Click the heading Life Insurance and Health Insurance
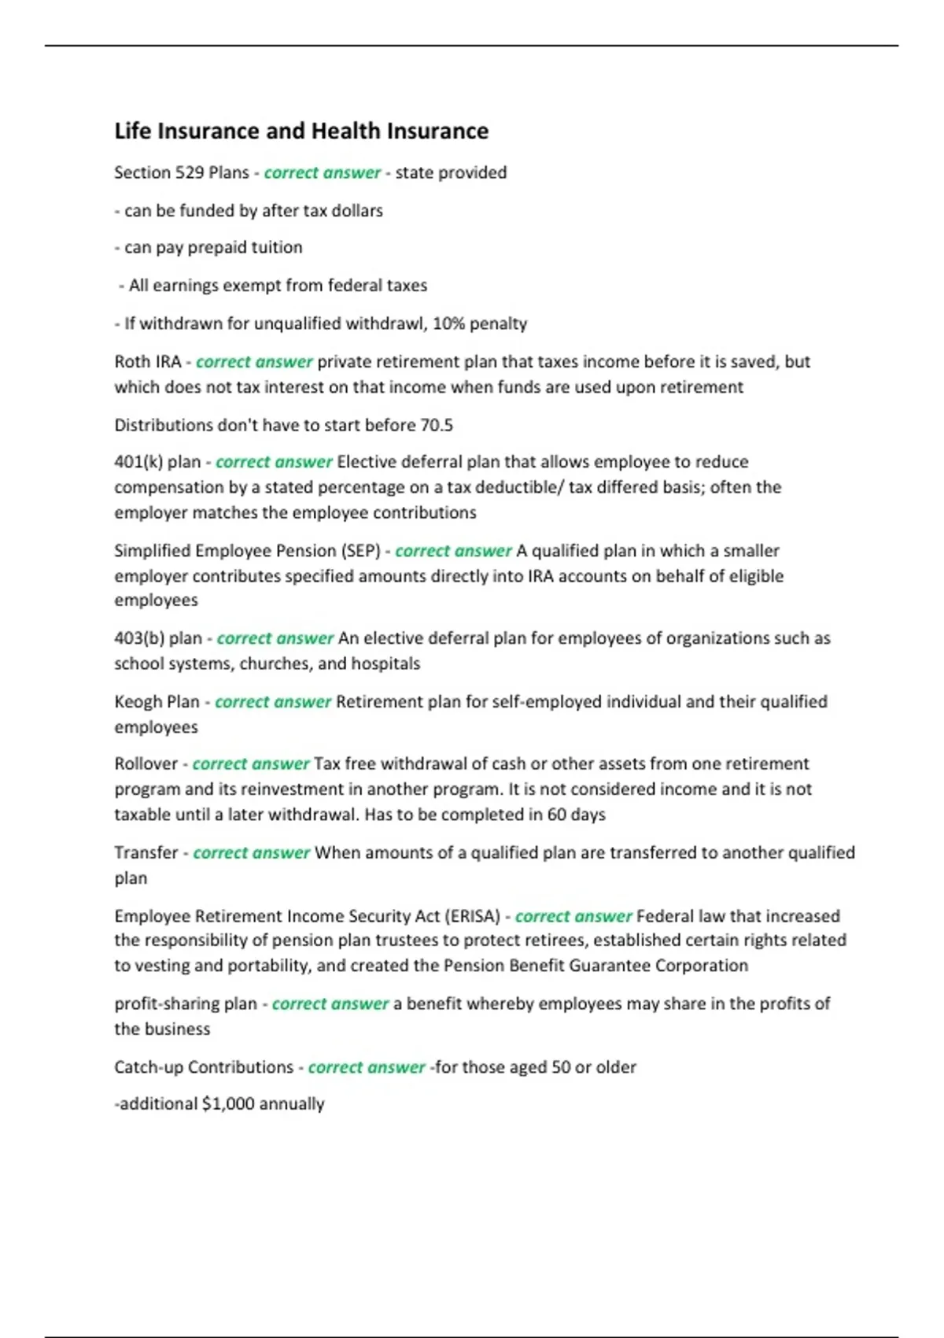[301, 131]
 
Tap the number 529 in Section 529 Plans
[190, 172]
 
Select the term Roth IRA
[148, 361]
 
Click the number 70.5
[437, 425]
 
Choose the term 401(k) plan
[157, 462]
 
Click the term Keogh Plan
[157, 701]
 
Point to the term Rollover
[146, 763]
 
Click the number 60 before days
[557, 815]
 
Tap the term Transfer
[146, 852]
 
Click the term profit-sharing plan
[186, 1004]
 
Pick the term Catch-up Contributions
[204, 1067]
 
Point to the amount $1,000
[228, 1104]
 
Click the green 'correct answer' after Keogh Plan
[273, 701]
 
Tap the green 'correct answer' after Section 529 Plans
[322, 172]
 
